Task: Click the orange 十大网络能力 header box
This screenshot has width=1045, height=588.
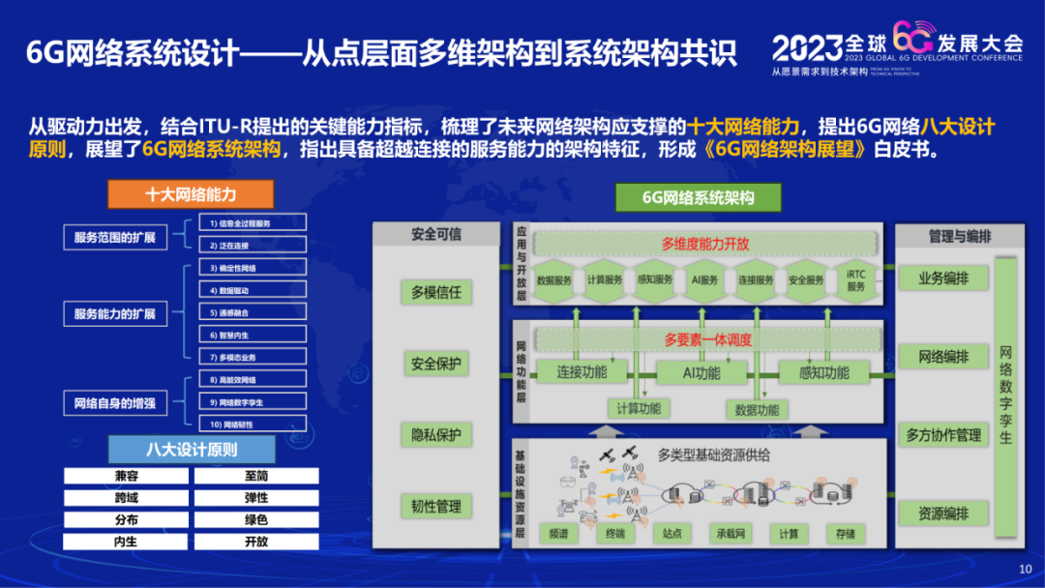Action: point(191,194)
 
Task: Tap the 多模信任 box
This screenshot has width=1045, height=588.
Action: point(436,292)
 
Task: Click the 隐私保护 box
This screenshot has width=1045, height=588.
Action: point(436,435)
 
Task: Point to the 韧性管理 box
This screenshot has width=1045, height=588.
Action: point(436,506)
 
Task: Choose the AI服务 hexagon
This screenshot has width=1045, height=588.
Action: point(704,280)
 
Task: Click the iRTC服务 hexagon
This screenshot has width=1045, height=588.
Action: point(855,280)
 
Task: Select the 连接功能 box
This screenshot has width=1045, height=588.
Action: point(582,371)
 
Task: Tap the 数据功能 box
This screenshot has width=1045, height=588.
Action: point(757,409)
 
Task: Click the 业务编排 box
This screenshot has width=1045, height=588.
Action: point(943,279)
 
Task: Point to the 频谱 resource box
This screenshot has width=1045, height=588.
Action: point(558,533)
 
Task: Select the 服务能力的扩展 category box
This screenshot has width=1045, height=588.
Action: point(115,313)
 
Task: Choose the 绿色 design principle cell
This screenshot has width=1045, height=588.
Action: point(256,520)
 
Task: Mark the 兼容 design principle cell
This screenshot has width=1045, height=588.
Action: point(126,476)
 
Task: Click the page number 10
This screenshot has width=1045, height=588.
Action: point(1026,569)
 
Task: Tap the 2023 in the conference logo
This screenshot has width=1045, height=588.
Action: point(807,45)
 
